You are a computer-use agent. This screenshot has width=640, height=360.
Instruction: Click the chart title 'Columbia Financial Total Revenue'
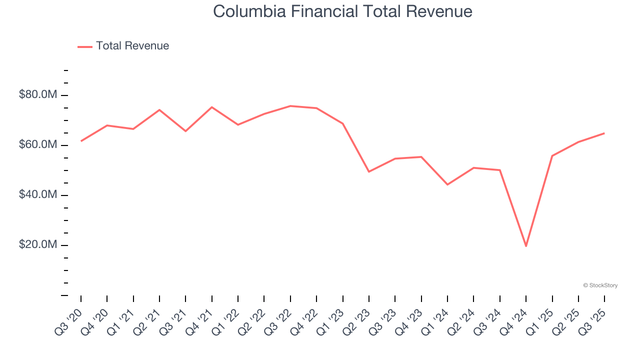click(342, 11)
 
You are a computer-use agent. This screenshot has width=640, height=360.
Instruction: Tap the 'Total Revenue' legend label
click(132, 46)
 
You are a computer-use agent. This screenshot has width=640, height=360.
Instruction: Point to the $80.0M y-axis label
click(38, 94)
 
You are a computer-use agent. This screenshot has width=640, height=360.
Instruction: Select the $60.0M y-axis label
click(38, 145)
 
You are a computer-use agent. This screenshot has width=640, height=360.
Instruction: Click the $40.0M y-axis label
click(38, 194)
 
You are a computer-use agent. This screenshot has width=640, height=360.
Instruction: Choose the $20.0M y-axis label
click(38, 245)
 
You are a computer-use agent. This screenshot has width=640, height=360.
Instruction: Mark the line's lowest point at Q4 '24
click(526, 246)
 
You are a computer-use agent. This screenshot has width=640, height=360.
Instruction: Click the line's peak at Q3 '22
click(290, 106)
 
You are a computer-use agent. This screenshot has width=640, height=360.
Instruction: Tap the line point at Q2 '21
click(159, 109)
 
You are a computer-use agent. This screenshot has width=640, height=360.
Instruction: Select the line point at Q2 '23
click(369, 171)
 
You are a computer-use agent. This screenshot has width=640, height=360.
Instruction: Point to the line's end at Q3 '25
click(604, 133)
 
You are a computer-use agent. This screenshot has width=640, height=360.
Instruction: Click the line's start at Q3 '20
click(81, 141)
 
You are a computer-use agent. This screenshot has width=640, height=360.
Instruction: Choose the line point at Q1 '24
click(447, 184)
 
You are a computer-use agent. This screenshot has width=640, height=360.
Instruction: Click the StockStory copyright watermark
click(600, 285)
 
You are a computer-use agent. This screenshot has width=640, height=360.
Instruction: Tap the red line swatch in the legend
click(85, 46)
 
